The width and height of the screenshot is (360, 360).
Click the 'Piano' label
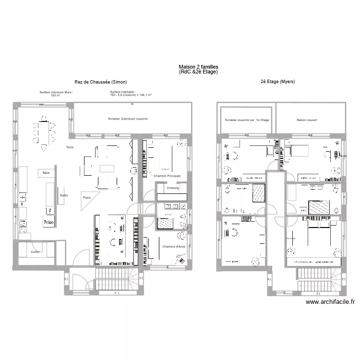[x=87, y=197]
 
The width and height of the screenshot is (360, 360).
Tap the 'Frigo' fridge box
[x=48, y=222]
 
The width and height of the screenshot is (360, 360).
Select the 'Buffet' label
[x=64, y=195]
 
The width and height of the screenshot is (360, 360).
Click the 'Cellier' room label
[x=35, y=252]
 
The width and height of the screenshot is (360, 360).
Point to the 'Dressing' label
[x=173, y=188]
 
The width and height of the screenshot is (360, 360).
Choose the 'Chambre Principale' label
[x=167, y=176]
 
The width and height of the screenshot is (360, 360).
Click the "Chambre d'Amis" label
[x=173, y=246]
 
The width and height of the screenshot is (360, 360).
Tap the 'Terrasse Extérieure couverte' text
[x=128, y=119]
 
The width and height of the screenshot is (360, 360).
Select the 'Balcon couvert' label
[x=307, y=120]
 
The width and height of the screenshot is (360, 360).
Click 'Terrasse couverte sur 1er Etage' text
[x=245, y=120]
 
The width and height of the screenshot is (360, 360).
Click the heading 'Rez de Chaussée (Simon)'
[x=100, y=82]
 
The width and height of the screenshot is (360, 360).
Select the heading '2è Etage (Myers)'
[x=278, y=82]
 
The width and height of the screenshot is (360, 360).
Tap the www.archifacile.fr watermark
[x=330, y=302]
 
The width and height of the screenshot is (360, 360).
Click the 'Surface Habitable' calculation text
[x=131, y=94]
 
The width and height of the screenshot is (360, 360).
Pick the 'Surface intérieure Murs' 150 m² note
[x=56, y=94]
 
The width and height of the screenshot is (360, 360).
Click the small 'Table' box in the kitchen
[x=46, y=173]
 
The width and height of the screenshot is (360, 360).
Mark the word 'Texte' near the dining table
[x=70, y=147]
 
